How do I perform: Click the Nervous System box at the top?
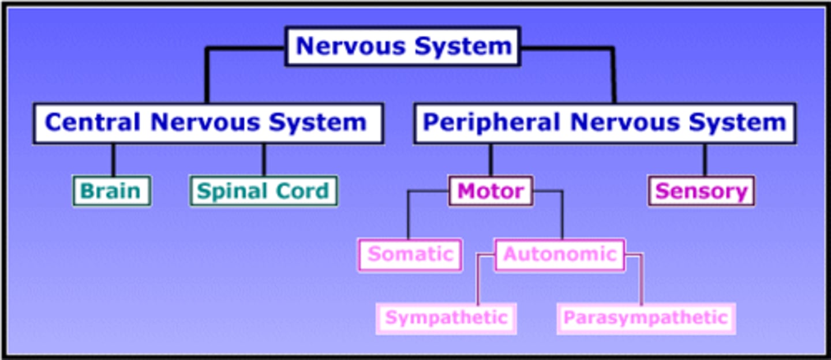pyautogui.click(x=403, y=46)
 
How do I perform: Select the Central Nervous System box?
pyautogui.click(x=208, y=123)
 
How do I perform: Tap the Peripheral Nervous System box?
pyautogui.click(x=604, y=123)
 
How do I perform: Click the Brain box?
pyautogui.click(x=111, y=191)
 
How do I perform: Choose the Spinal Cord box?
pyautogui.click(x=264, y=191)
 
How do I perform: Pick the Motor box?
pyautogui.click(x=491, y=191)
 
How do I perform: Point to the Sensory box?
pyautogui.click(x=701, y=191)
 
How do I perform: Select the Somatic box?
pyautogui.click(x=410, y=254)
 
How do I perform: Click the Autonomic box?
pyautogui.click(x=560, y=254)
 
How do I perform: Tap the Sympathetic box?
pyautogui.click(x=446, y=318)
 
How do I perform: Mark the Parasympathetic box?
pyautogui.click(x=646, y=318)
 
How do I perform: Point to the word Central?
pyautogui.click(x=92, y=123)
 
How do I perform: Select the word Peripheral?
pyautogui.click(x=492, y=123)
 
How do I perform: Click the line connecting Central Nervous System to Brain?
pyautogui.click(x=113, y=160)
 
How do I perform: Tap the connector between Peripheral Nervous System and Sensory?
pyautogui.click(x=704, y=160)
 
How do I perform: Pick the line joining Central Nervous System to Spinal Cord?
pyautogui.click(x=264, y=160)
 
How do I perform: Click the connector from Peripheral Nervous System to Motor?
pyautogui.click(x=491, y=160)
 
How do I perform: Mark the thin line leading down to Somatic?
pyautogui.click(x=408, y=216)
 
